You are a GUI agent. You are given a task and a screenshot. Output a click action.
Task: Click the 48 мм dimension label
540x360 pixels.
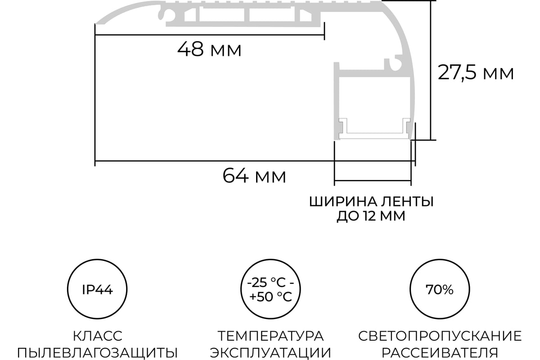click(x=209, y=49)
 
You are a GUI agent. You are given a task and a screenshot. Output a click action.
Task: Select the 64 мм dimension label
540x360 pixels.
click(x=254, y=176)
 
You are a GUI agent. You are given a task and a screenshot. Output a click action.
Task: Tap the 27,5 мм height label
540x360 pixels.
click(x=476, y=72)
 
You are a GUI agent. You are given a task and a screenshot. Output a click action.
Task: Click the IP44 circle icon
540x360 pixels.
click(x=97, y=289)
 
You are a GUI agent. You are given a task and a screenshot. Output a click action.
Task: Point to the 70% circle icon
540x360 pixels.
click(x=440, y=289)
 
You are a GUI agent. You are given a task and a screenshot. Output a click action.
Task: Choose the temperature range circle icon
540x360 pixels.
click(x=270, y=289)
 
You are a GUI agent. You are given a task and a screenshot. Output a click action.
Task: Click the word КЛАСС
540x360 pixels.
click(x=98, y=336)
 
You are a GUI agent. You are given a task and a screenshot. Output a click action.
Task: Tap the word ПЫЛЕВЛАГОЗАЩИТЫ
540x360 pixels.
click(x=98, y=353)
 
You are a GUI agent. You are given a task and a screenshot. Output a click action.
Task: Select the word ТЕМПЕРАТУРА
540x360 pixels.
click(x=270, y=336)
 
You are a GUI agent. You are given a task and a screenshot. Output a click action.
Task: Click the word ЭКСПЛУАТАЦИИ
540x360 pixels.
click(x=270, y=353)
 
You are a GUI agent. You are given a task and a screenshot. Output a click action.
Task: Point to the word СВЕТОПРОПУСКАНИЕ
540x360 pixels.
click(x=440, y=336)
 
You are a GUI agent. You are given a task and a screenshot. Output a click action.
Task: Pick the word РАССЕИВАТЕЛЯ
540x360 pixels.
click(x=440, y=353)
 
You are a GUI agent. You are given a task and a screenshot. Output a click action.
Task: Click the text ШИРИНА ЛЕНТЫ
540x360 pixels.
click(x=372, y=202)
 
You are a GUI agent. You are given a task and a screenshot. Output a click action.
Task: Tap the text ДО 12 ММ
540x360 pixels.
click(x=371, y=216)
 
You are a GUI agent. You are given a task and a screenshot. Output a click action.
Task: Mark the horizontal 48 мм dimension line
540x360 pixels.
click(x=210, y=35)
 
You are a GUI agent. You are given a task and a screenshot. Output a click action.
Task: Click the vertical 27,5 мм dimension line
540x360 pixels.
click(x=431, y=70)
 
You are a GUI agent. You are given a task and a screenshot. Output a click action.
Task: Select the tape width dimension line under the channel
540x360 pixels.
click(x=373, y=180)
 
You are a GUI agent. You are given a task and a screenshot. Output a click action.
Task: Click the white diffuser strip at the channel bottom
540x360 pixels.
click(x=374, y=136)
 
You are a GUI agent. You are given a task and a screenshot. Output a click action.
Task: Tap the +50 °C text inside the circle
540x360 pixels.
click(x=271, y=297)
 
